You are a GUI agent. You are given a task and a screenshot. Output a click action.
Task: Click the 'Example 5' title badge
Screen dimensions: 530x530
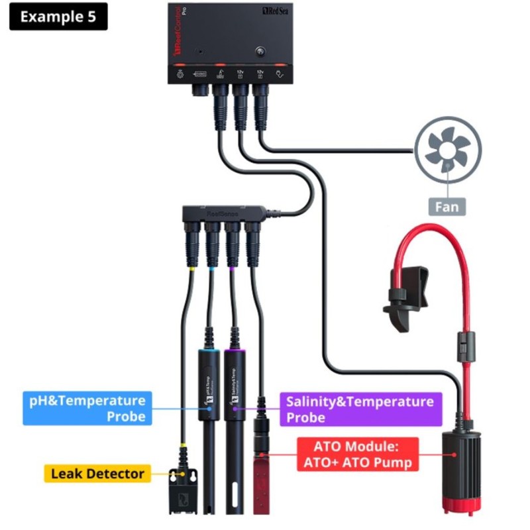coord(58,17)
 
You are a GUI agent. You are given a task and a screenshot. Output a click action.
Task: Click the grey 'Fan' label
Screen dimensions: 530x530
coord(447,206)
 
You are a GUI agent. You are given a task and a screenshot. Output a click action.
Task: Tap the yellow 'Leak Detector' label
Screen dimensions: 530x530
coord(97,473)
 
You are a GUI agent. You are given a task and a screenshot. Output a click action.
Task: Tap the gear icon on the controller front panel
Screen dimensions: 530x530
coord(179,75)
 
